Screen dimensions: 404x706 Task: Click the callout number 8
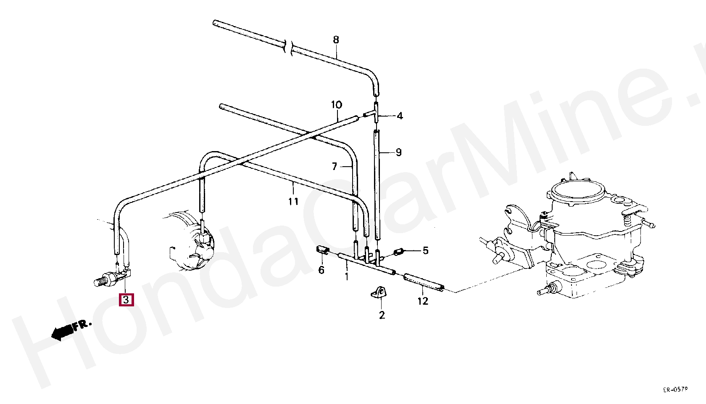pyautogui.click(x=336, y=40)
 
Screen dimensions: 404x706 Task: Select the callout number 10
pyautogui.click(x=337, y=105)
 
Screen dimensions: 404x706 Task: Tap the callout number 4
pyautogui.click(x=400, y=116)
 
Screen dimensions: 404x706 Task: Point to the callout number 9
pyautogui.click(x=398, y=152)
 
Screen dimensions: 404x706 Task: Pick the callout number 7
pyautogui.click(x=335, y=167)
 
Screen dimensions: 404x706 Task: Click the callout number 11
pyautogui.click(x=293, y=202)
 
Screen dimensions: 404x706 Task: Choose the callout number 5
pyautogui.click(x=425, y=251)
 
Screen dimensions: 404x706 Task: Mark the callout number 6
pyautogui.click(x=321, y=270)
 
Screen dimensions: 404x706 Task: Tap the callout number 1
pyautogui.click(x=347, y=277)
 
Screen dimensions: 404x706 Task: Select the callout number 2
pyautogui.click(x=382, y=315)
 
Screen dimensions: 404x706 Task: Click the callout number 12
pyautogui.click(x=423, y=301)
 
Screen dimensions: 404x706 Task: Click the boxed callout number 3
pyautogui.click(x=126, y=300)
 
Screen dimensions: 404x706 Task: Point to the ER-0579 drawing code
pyautogui.click(x=675, y=390)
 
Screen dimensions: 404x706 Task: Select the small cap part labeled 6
pyautogui.click(x=321, y=250)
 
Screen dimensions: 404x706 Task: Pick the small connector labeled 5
pyautogui.click(x=398, y=252)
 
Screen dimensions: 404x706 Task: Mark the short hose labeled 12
pyautogui.click(x=424, y=282)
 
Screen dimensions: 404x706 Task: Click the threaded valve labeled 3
pyautogui.click(x=110, y=278)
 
